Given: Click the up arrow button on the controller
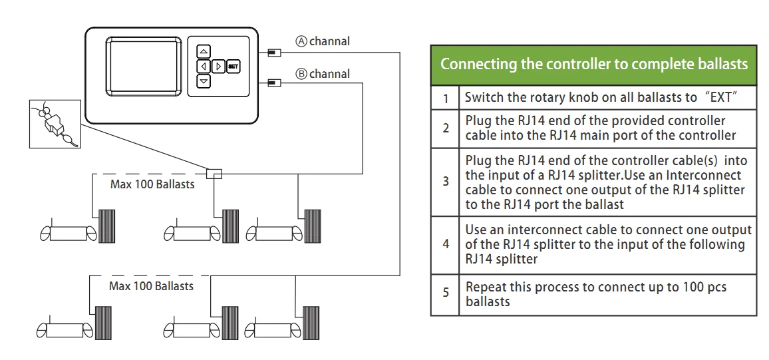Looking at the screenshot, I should tap(204, 51).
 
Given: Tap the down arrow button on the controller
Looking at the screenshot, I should tap(204, 81).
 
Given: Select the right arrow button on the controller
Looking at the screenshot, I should tap(218, 66).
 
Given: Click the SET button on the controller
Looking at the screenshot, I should tap(233, 66).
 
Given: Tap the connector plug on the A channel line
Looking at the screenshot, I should tap(273, 51).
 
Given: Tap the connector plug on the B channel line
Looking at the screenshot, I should tap(273, 83).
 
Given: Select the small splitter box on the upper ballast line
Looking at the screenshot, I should tap(214, 173).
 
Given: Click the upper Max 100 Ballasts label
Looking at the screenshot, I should tap(152, 184).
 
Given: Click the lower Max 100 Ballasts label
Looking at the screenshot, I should tap(151, 286).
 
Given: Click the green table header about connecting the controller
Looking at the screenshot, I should tap(593, 65).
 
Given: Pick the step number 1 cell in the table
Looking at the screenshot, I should tap(446, 98).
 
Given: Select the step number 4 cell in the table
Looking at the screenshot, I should tap(446, 244).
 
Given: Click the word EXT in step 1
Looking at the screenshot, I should tap(724, 98).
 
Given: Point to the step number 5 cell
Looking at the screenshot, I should tap(446, 294).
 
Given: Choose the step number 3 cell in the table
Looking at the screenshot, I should tap(446, 182).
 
